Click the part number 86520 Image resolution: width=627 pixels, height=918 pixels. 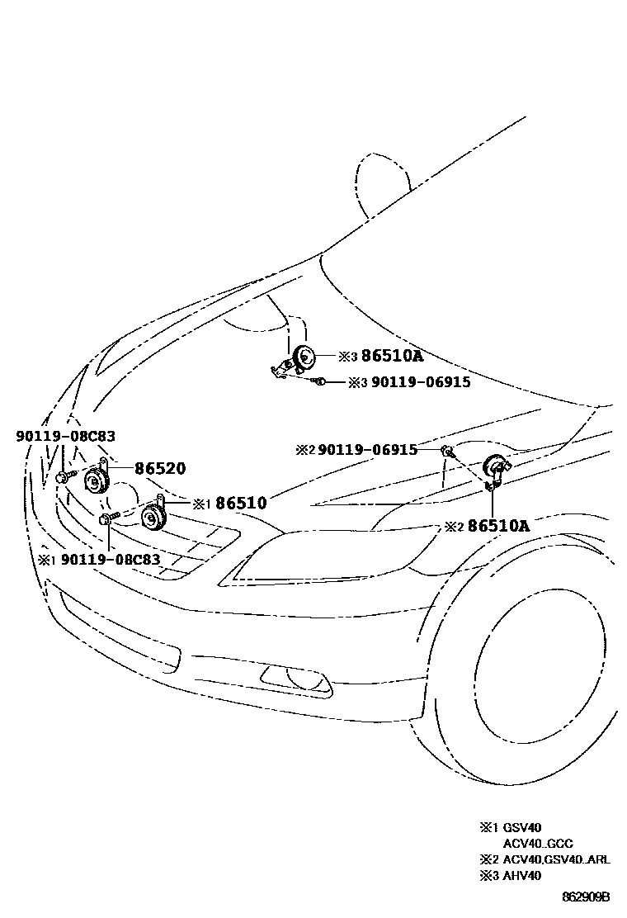tap(160, 468)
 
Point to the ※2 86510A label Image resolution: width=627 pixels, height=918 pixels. tap(486, 526)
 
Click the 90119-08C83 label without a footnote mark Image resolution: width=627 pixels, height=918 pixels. tap(65, 435)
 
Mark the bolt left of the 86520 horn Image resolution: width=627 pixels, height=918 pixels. tap(64, 476)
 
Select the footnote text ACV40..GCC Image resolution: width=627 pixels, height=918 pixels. tap(538, 843)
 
